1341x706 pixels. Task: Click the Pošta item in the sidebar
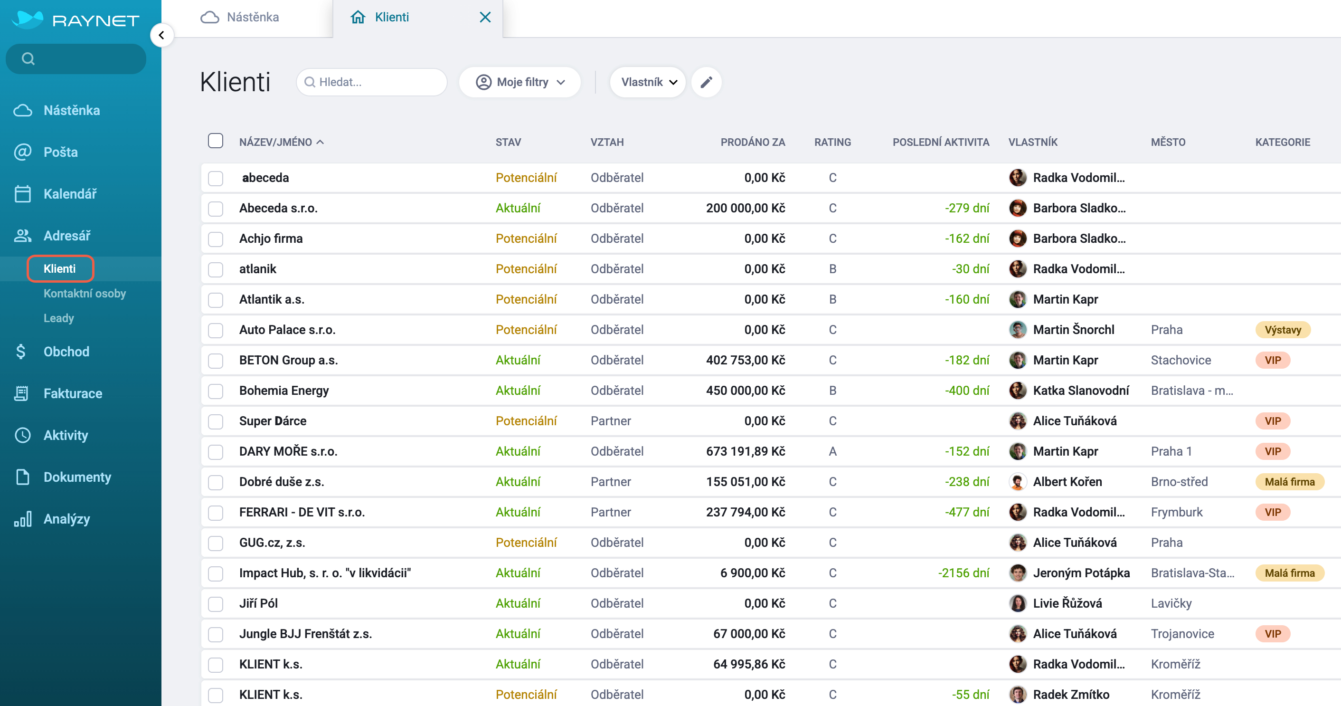(x=60, y=152)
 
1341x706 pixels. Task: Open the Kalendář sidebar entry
(x=70, y=194)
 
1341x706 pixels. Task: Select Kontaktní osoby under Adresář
(x=85, y=293)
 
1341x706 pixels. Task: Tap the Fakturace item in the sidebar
(x=72, y=393)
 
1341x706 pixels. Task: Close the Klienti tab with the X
(x=485, y=17)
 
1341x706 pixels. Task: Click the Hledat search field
(x=372, y=82)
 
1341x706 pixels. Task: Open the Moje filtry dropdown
(x=520, y=82)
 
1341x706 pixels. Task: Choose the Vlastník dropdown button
(x=648, y=82)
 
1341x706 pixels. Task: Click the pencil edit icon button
(x=706, y=82)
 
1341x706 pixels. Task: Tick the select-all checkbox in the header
(x=216, y=141)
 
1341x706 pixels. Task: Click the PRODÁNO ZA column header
(x=752, y=142)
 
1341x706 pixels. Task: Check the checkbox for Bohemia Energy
(x=216, y=391)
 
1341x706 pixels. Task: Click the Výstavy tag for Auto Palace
(x=1283, y=330)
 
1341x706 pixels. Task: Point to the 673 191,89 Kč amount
(x=746, y=451)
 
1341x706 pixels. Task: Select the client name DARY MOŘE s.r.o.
(x=288, y=451)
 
